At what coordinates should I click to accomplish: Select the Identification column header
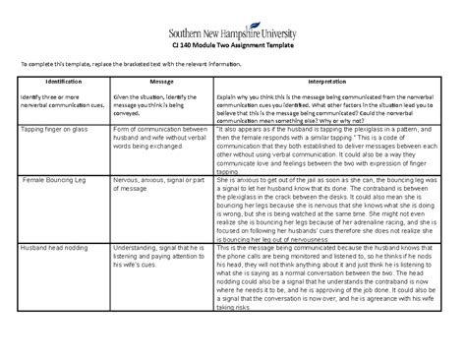tap(56, 83)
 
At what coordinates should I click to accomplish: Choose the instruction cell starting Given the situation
tap(157, 106)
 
